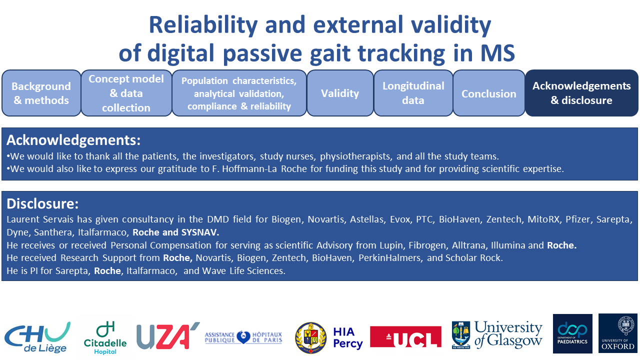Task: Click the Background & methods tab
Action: pyautogui.click(x=41, y=93)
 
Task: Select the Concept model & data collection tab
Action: pyautogui.click(x=126, y=93)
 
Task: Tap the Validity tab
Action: pyautogui.click(x=340, y=93)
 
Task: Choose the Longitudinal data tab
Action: pyautogui.click(x=413, y=93)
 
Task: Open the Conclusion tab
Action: pyautogui.click(x=489, y=93)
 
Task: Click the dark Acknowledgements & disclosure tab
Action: pyautogui.click(x=581, y=93)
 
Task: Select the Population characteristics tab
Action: pyautogui.click(x=239, y=93)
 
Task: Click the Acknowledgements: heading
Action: pyautogui.click(x=73, y=140)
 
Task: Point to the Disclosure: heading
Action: pyautogui.click(x=42, y=203)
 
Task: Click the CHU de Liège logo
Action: pyautogui.click(x=37, y=337)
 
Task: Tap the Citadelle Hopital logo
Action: pyautogui.click(x=105, y=337)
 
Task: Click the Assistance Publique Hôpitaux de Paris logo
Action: pyautogui.click(x=243, y=337)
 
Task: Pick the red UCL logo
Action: pyautogui.click(x=405, y=337)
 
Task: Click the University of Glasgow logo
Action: pyautogui.click(x=497, y=335)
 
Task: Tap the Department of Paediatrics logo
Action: pyautogui.click(x=572, y=333)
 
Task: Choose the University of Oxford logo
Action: pyautogui.click(x=618, y=333)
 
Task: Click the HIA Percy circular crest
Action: pyautogui.click(x=311, y=337)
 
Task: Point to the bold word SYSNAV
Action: pyautogui.click(x=200, y=232)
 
